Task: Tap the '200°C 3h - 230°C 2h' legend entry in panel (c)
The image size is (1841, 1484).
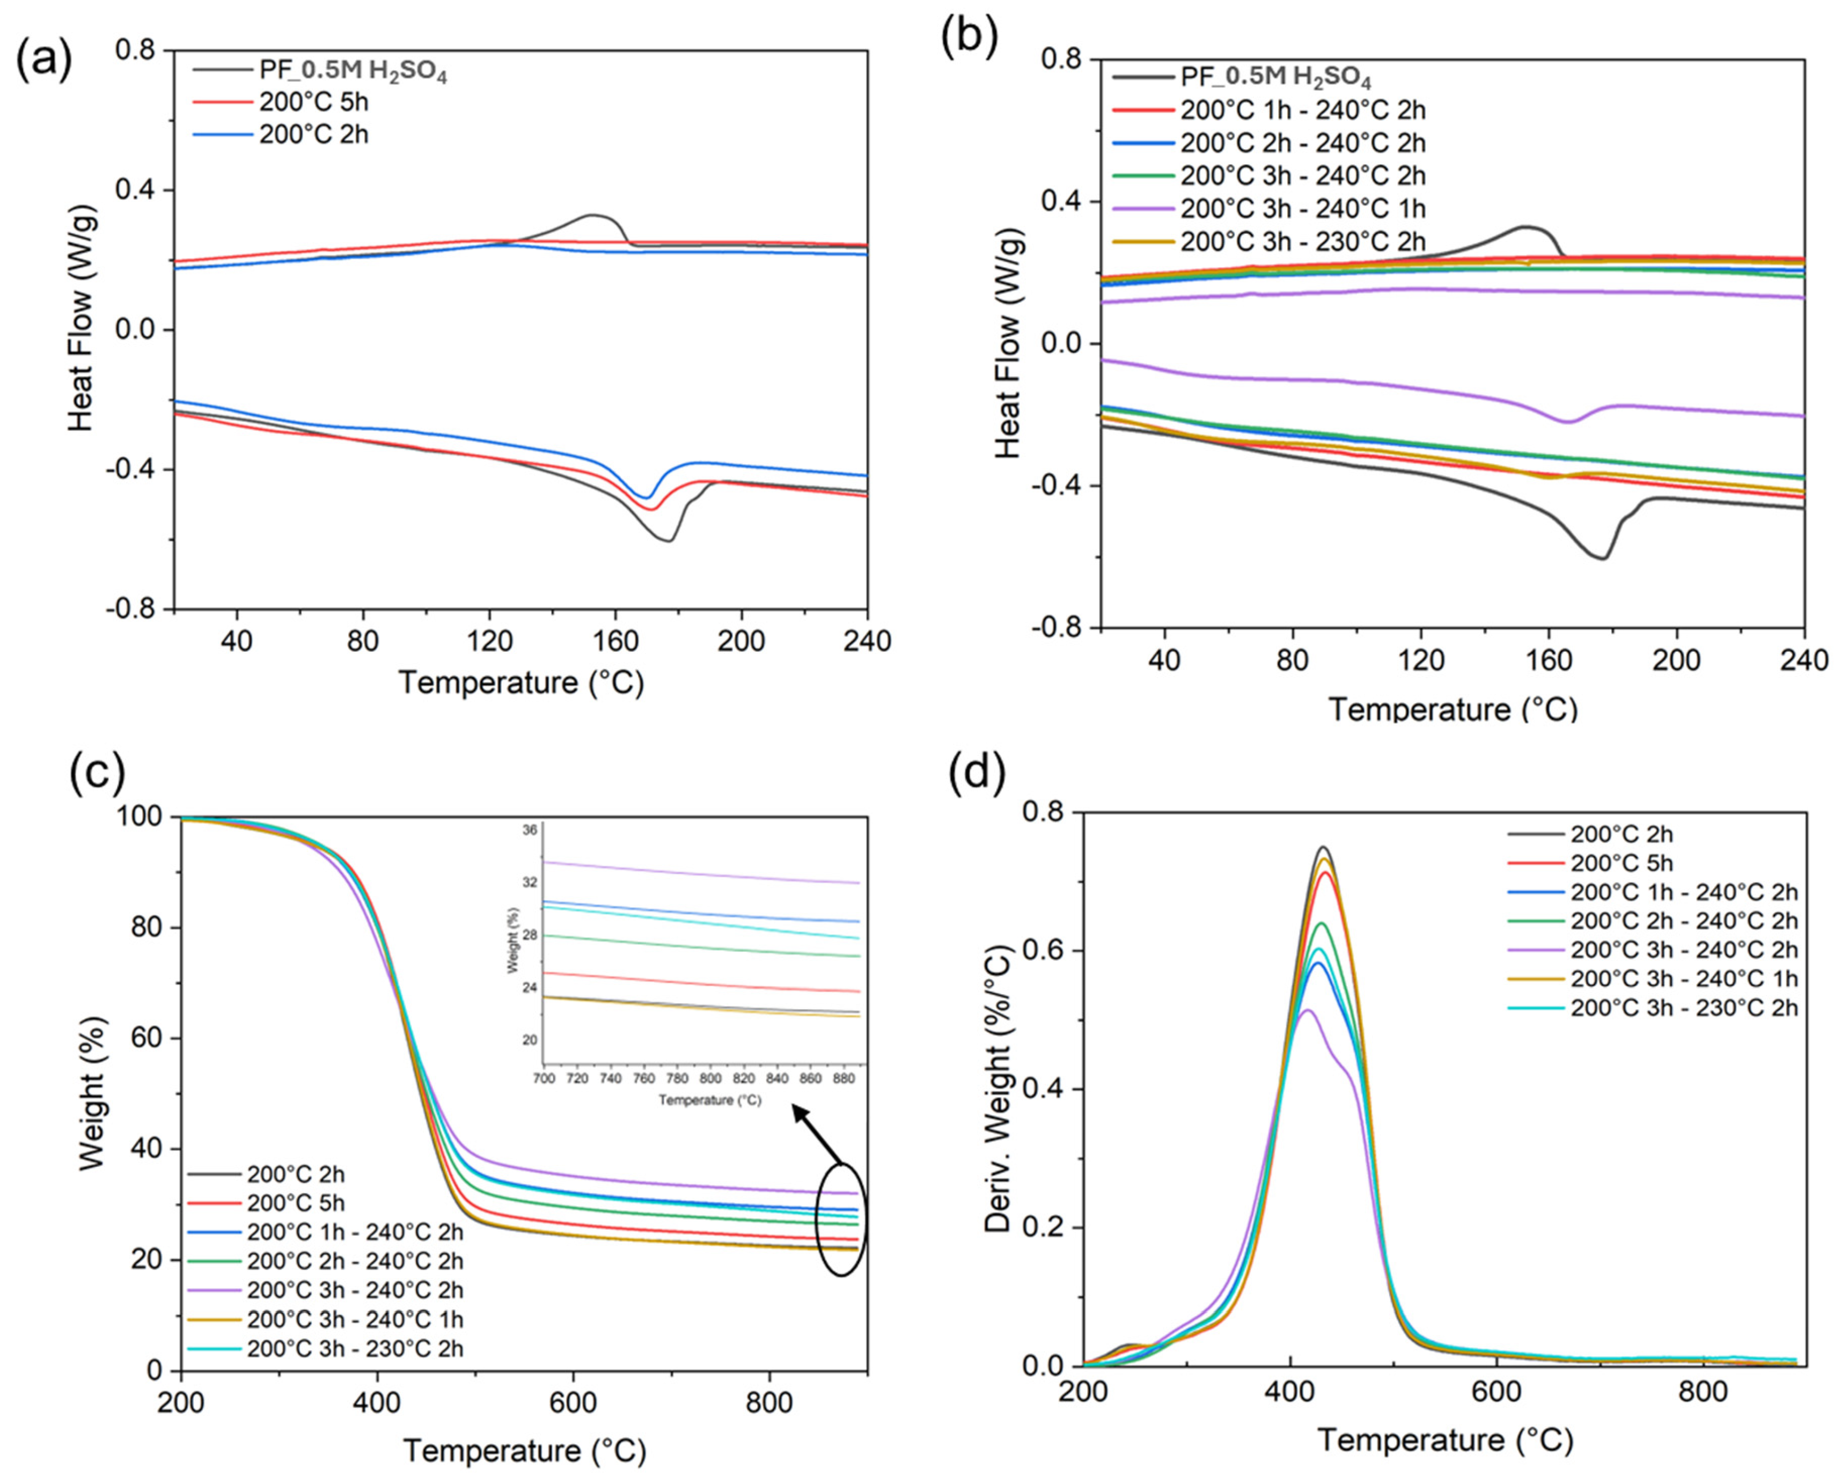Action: [x=326, y=1348]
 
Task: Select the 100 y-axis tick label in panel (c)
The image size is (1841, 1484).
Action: [x=142, y=817]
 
